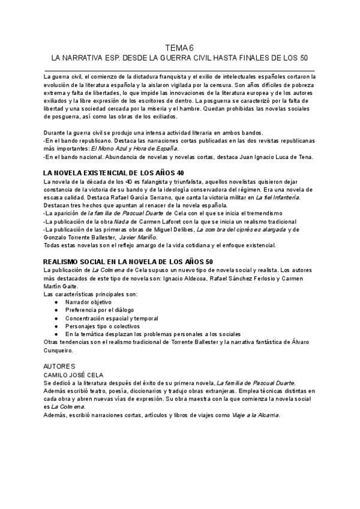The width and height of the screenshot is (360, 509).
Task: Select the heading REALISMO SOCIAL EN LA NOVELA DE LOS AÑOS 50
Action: point(120,262)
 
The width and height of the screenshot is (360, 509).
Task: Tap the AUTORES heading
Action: point(59,366)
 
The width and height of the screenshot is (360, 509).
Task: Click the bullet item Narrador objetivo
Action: point(89,302)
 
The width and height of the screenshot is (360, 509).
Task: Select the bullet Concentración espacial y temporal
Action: point(112,318)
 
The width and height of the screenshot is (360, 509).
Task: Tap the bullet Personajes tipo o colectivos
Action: point(103,325)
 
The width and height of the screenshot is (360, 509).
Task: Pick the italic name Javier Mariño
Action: point(139,238)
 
